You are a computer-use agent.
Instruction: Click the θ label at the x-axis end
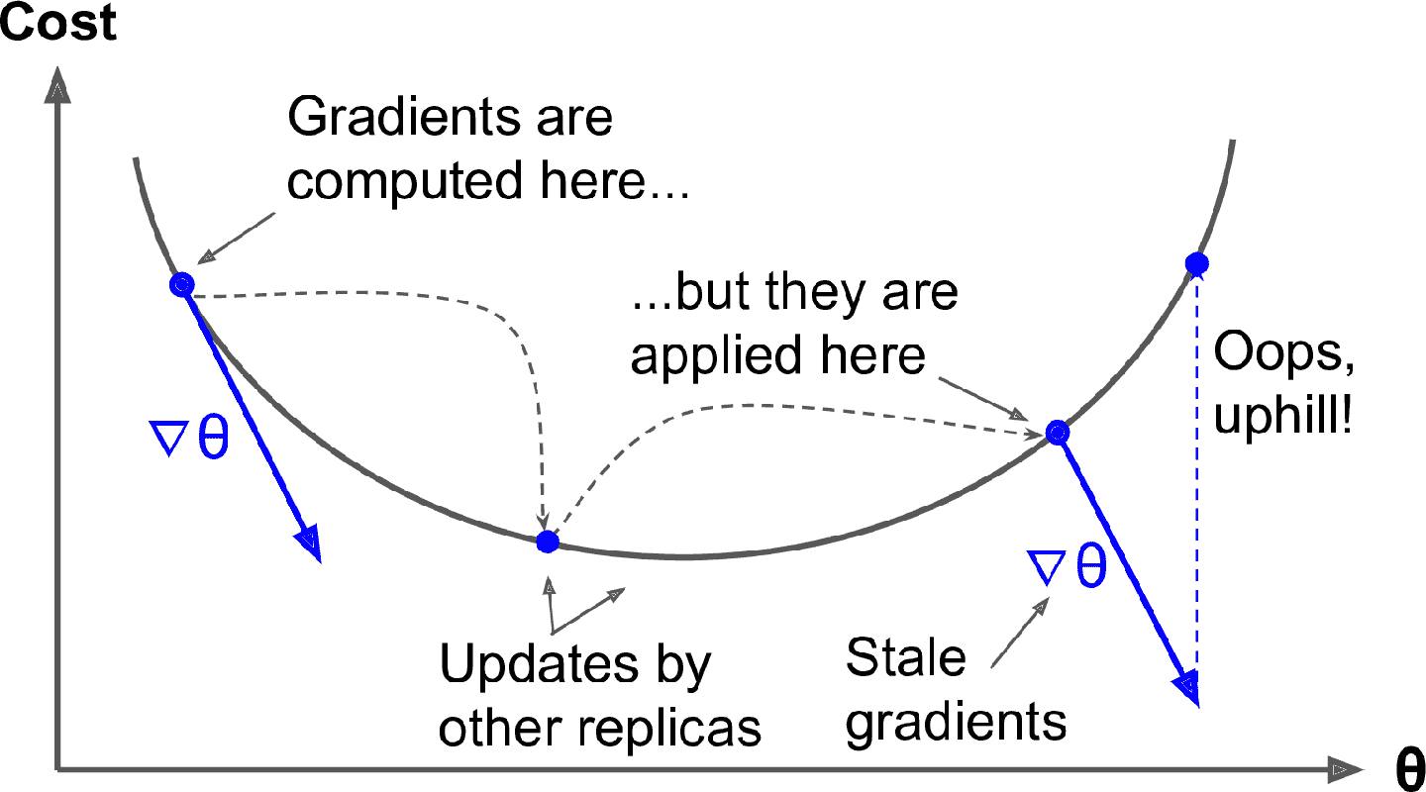1408,770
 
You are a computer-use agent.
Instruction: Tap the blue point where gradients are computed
181,285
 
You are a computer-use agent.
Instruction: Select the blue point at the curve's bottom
547,542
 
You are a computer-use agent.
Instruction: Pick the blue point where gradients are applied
1058,433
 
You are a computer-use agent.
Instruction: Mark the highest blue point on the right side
1197,263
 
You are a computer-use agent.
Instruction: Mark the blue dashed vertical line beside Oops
1197,475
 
